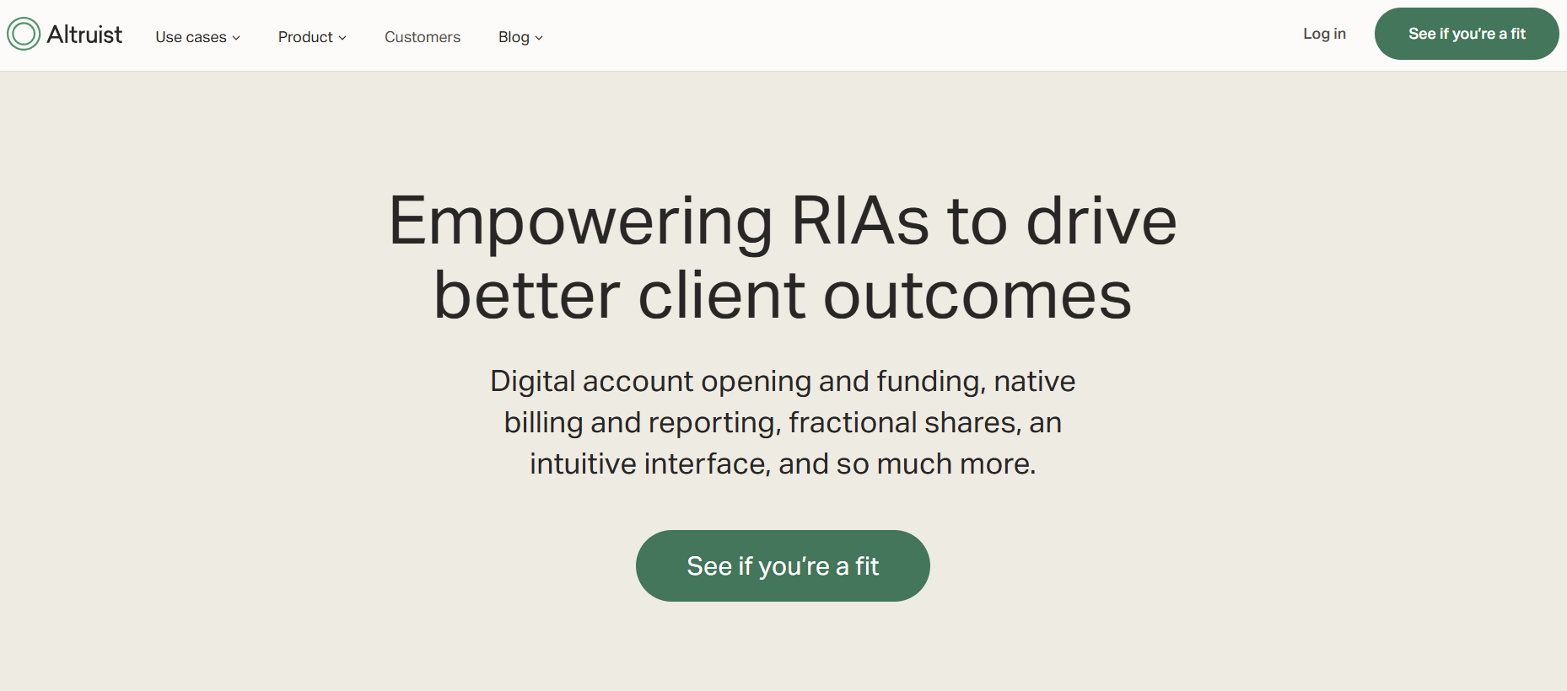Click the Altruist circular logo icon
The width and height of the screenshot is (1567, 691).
click(x=24, y=34)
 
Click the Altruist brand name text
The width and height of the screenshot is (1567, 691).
click(x=84, y=35)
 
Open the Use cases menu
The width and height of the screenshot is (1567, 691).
click(x=191, y=37)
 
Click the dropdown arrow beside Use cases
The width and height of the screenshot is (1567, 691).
click(x=236, y=38)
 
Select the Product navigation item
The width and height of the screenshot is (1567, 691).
click(x=305, y=37)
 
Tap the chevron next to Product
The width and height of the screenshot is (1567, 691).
click(x=342, y=38)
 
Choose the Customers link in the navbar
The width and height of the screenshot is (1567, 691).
click(x=423, y=37)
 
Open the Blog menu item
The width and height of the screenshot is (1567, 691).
click(x=514, y=37)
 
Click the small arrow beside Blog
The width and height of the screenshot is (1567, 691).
click(x=539, y=38)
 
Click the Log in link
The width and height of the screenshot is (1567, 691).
click(x=1324, y=34)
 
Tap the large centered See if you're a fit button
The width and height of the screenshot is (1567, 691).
click(x=783, y=565)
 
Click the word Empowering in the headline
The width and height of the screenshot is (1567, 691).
click(x=580, y=222)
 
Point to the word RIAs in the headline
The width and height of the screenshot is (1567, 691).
click(x=860, y=221)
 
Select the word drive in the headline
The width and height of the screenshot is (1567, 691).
click(x=1101, y=221)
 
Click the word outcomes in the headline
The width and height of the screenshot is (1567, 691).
click(x=977, y=297)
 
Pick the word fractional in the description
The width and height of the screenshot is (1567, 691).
click(x=853, y=422)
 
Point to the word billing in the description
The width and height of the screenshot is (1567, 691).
click(x=543, y=423)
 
